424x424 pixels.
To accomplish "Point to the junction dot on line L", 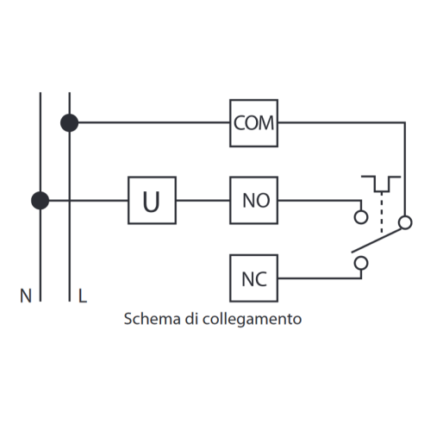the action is [x=69, y=123].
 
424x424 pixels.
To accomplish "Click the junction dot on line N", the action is [x=40, y=201].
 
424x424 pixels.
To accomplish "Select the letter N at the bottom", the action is [x=26, y=296].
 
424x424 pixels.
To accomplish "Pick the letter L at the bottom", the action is [x=83, y=296].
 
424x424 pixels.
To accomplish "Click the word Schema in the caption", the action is [x=152, y=319].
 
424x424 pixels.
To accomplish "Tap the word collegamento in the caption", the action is [x=252, y=320].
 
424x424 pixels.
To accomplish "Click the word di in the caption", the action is [x=191, y=319].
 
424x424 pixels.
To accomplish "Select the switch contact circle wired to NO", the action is [x=361, y=217].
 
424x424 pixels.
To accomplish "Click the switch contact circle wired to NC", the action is [x=361, y=263].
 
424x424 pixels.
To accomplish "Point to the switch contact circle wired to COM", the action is [x=405, y=222].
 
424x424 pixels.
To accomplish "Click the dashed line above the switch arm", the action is [x=382, y=212].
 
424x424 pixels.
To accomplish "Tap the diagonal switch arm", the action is [x=376, y=240].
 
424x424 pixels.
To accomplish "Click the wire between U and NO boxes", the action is [x=203, y=200].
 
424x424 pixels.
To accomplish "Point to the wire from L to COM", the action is [x=154, y=122].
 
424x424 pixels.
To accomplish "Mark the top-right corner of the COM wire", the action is [x=405, y=122].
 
